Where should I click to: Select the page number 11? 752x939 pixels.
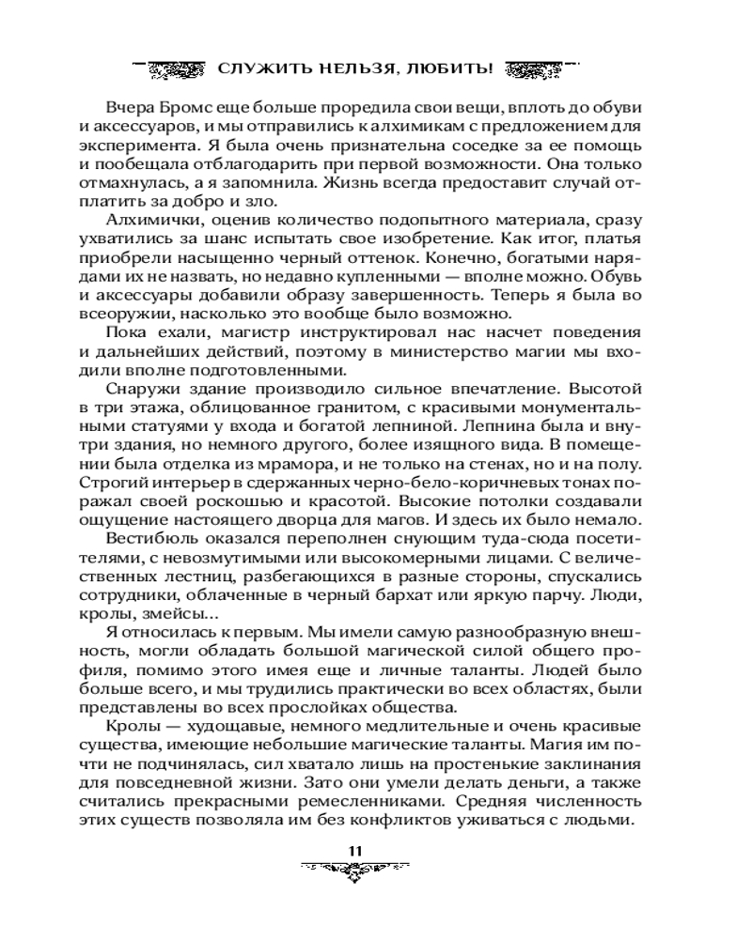355,851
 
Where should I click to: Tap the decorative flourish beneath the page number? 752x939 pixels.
355,872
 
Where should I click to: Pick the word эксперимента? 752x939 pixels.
154,149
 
